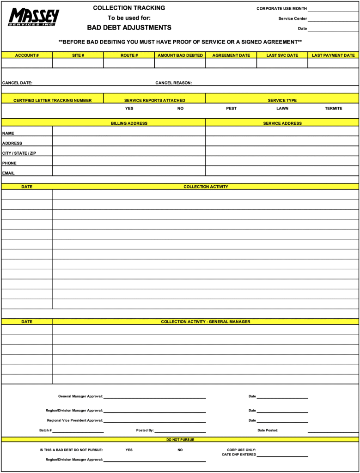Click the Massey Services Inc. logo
(34, 17)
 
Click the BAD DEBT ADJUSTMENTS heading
(129, 28)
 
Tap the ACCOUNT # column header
(27, 55)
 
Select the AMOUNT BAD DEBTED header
(180, 55)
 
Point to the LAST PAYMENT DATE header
(333, 55)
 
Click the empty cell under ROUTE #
(129, 63)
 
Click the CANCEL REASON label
(173, 83)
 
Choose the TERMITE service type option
(334, 109)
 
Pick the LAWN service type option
(282, 109)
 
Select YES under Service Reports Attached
(129, 109)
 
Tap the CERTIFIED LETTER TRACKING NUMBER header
(52, 100)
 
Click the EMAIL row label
(8, 173)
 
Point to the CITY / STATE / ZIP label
(19, 153)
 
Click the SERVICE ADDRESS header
(282, 123)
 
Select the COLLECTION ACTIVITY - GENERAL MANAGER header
(206, 321)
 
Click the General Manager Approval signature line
(155, 397)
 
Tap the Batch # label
(45, 431)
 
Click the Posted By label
(145, 431)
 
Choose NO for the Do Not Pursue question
(180, 450)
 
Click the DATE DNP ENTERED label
(239, 455)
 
